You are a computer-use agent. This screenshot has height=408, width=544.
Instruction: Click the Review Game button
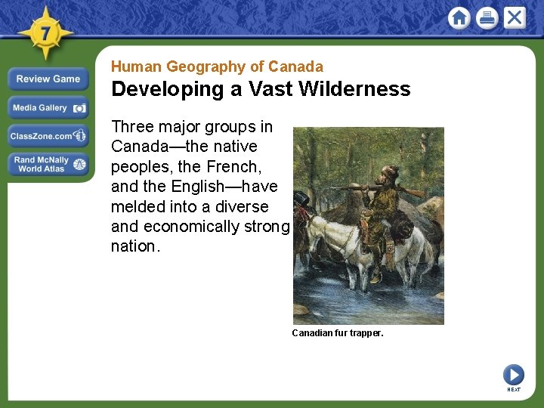tap(48, 79)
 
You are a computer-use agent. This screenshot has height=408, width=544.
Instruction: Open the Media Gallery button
tap(48, 108)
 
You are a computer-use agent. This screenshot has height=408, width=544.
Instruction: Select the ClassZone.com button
tap(48, 136)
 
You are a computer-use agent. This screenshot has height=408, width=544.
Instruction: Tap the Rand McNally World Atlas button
tap(48, 164)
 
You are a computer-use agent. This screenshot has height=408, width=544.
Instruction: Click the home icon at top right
tap(459, 17)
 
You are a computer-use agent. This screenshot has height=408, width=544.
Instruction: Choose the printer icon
tap(487, 17)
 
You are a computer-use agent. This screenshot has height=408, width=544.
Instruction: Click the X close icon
tap(515, 17)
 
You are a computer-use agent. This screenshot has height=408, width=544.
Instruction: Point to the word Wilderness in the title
tap(354, 89)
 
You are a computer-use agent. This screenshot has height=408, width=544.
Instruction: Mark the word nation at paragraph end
tap(135, 246)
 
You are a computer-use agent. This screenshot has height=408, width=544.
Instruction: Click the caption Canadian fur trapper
tap(338, 332)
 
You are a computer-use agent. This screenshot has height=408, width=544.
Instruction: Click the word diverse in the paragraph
tap(240, 206)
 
